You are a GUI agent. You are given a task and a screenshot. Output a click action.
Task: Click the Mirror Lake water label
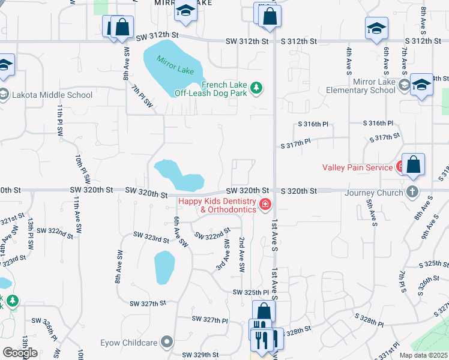[176, 65]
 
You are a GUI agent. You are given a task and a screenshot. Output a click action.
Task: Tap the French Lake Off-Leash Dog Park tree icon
[257, 89]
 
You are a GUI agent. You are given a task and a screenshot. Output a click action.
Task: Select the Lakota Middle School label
[51, 95]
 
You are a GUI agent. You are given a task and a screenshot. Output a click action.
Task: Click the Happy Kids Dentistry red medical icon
[264, 206]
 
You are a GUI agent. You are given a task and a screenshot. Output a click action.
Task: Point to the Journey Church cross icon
[412, 192]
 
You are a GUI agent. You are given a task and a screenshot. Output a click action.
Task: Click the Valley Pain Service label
[357, 167]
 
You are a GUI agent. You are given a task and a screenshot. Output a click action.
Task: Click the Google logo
[20, 353]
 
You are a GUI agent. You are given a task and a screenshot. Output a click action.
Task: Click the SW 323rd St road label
[151, 238]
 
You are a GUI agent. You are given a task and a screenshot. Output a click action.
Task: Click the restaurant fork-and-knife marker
[261, 340]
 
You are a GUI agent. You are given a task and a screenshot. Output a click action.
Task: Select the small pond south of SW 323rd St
[164, 267]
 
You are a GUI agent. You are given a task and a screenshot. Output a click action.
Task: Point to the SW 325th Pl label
[251, 292]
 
